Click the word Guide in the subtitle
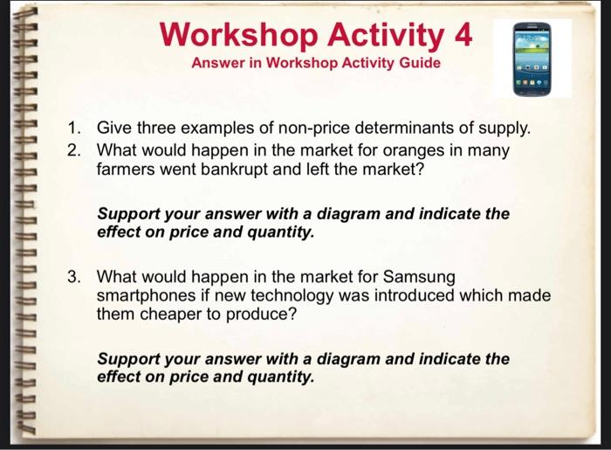pyautogui.click(x=420, y=64)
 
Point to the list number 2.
pyautogui.click(x=76, y=149)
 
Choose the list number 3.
pyautogui.click(x=76, y=277)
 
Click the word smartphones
pyautogui.click(x=148, y=295)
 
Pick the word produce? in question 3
pyautogui.click(x=257, y=315)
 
